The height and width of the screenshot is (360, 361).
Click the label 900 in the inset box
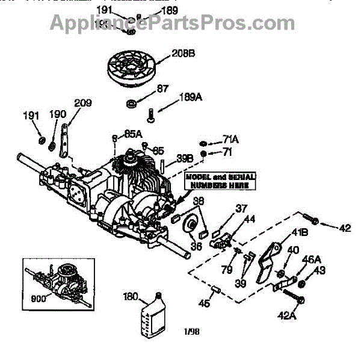coord(39,297)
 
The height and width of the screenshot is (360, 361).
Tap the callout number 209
coord(83,104)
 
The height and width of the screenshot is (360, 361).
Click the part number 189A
coord(191,98)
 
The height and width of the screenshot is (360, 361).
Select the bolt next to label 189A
coord(150,112)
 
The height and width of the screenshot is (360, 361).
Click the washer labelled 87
coord(130,104)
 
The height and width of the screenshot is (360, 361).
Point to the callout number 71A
coord(230,140)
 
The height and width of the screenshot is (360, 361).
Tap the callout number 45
coord(206,303)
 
